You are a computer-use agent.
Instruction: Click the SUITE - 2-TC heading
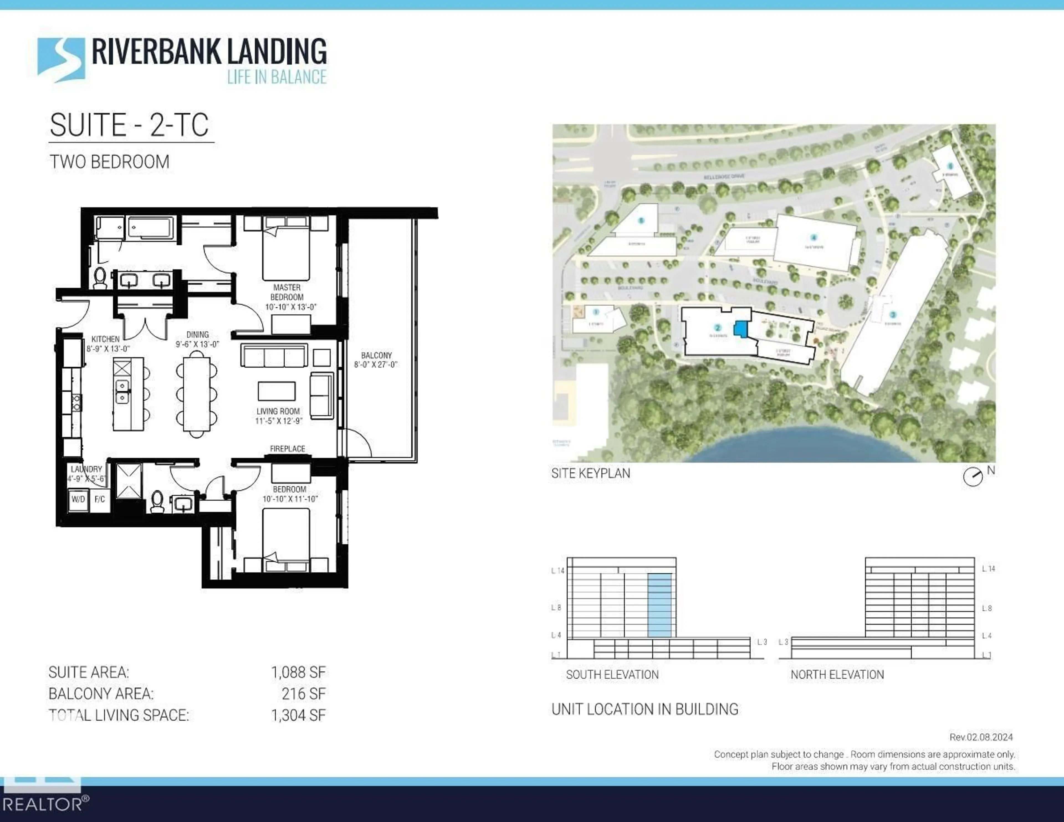point(130,125)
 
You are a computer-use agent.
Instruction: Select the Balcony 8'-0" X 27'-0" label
point(376,360)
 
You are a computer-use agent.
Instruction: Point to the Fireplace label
point(287,448)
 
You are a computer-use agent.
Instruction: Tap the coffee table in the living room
point(276,391)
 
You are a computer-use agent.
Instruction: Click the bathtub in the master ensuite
point(150,229)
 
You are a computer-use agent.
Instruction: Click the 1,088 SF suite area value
point(298,672)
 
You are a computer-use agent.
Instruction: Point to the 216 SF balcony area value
point(303,694)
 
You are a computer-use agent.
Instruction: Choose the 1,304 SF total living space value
point(298,715)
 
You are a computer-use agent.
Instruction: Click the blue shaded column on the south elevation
point(660,605)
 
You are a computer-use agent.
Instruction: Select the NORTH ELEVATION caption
point(837,675)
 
